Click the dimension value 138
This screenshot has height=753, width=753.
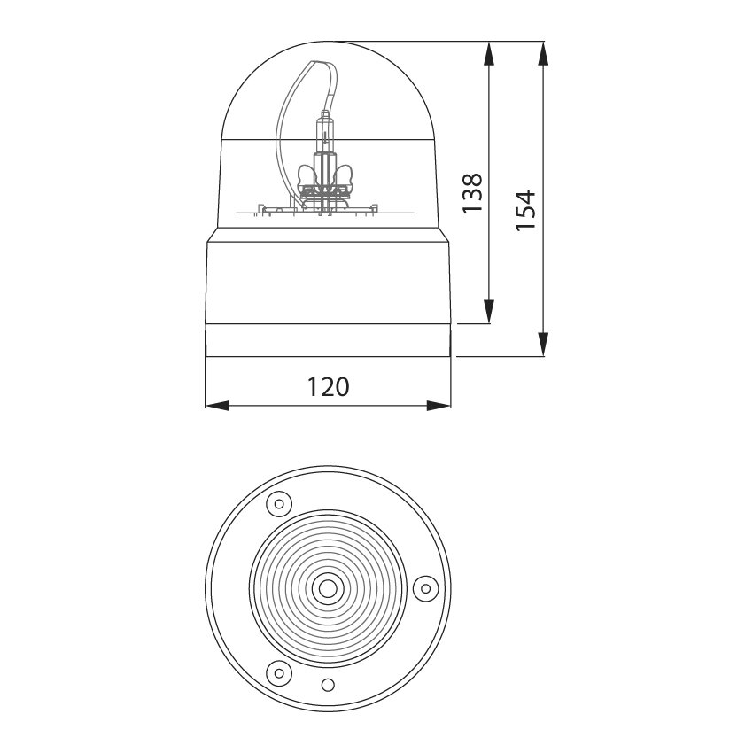[x=474, y=192]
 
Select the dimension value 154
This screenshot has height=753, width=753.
[x=526, y=210]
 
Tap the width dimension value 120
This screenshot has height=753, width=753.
[x=329, y=387]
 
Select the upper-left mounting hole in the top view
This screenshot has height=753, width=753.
[x=278, y=504]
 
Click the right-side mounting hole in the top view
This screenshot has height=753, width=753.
[x=425, y=586]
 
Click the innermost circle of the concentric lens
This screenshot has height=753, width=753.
[x=329, y=587]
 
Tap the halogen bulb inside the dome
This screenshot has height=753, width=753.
[x=326, y=142]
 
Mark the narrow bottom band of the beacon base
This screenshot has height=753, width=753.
[x=329, y=340]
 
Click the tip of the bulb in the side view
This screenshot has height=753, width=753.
[x=326, y=113]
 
